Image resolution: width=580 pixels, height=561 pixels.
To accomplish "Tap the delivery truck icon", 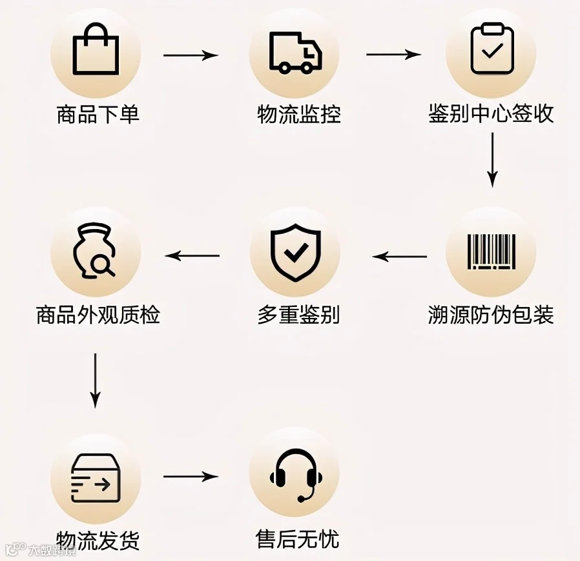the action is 295,53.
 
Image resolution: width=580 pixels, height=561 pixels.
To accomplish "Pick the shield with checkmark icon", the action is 295,252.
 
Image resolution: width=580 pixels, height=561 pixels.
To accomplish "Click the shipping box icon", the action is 96,478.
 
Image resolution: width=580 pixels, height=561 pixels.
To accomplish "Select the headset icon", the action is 295,475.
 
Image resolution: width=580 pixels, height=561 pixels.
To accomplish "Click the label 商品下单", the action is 98,114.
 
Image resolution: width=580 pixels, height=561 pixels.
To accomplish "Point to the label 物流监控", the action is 298,114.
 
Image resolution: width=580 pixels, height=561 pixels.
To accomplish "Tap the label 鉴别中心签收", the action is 492,113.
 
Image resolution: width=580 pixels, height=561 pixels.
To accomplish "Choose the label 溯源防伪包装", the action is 492,315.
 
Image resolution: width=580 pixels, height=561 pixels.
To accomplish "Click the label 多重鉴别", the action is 298,315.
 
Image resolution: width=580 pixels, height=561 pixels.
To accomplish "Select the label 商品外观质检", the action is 98,315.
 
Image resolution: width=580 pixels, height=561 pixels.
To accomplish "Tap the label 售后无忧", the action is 297,539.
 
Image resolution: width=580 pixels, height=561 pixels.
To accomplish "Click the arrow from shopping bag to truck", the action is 191,55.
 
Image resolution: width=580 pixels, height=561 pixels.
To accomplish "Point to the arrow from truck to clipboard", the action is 393,54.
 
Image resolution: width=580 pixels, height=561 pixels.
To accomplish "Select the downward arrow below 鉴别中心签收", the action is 492,160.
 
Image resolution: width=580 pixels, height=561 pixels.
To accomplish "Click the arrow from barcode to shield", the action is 400,256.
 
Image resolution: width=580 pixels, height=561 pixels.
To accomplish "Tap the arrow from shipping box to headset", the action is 191,477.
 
